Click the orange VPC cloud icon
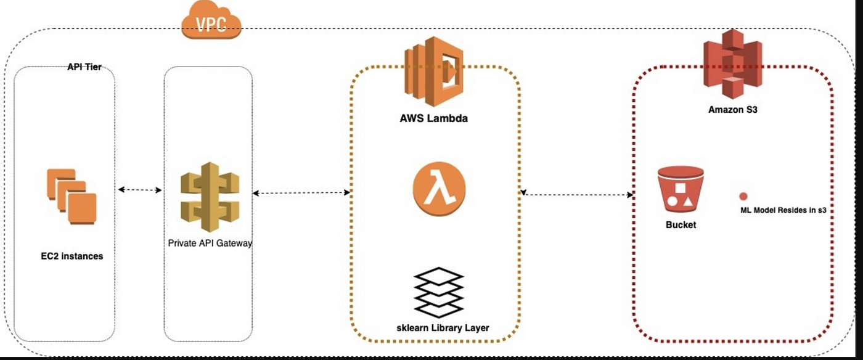pos(211,22)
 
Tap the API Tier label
pos(84,67)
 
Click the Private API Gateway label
pos(210,243)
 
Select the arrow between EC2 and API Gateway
pos(139,190)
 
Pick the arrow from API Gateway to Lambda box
pos(301,194)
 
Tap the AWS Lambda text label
pos(433,118)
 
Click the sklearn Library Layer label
pos(442,328)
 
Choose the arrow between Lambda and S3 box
pos(577,195)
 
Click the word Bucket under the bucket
pos(681,225)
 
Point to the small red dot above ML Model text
pos(743,196)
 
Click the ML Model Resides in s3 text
pos(783,210)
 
